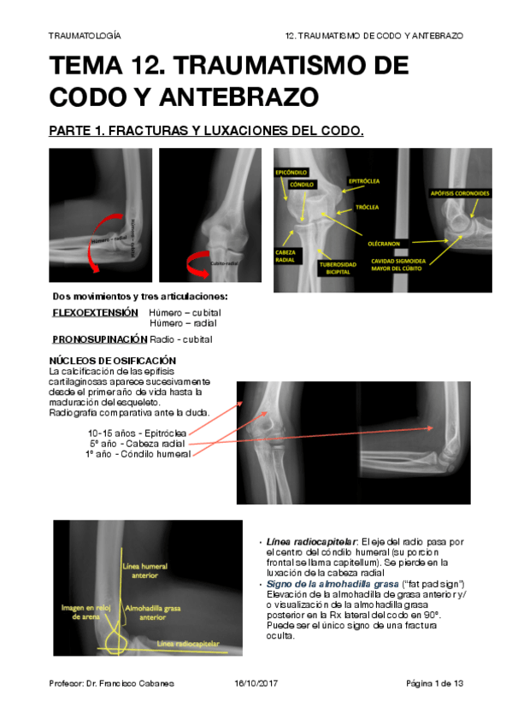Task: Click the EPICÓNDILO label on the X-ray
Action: pyautogui.click(x=291, y=173)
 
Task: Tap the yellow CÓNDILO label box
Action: pyautogui.click(x=301, y=184)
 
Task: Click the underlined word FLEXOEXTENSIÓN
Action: pyautogui.click(x=95, y=313)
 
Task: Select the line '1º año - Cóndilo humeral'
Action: pyautogui.click(x=138, y=453)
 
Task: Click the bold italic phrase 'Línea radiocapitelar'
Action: pyautogui.click(x=312, y=542)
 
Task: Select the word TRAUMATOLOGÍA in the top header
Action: pyautogui.click(x=85, y=36)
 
